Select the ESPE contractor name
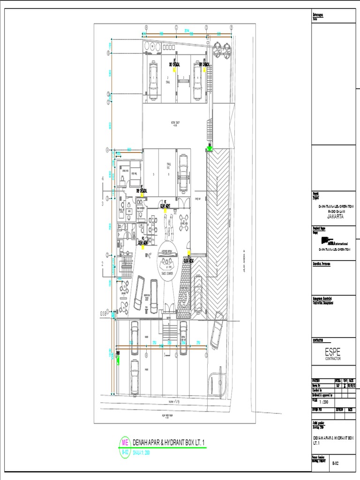tap(333, 351)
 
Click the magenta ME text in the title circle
tap(125, 442)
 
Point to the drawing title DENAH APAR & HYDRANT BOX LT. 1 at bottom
tap(170, 442)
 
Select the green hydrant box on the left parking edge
tap(118, 360)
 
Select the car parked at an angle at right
tap(217, 330)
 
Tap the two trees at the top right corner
tap(221, 49)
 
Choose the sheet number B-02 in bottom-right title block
tap(336, 463)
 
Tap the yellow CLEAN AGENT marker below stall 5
tap(165, 210)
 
